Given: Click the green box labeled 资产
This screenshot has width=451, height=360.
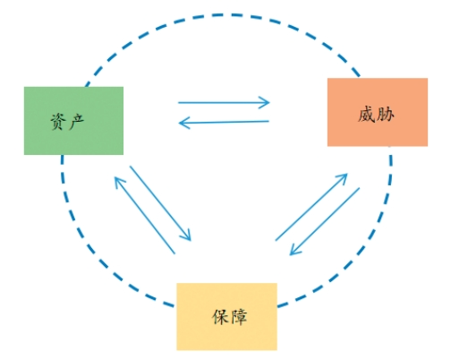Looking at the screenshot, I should [73, 120].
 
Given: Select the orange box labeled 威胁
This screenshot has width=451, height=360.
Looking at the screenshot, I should [365, 112].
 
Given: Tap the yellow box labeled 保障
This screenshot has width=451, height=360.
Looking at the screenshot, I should [226, 315].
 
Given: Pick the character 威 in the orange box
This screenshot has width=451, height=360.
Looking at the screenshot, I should [353, 114].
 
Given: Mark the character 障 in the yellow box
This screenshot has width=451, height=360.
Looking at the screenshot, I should [238, 317].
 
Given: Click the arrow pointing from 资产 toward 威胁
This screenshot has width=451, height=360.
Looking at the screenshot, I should [224, 103].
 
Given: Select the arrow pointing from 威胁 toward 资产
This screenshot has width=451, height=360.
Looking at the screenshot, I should [224, 122].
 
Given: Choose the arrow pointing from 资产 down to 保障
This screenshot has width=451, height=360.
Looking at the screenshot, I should [161, 203].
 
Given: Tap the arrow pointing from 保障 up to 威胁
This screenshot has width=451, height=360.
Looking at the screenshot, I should [311, 207].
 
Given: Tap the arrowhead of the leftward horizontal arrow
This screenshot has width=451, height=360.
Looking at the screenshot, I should [184, 122].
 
